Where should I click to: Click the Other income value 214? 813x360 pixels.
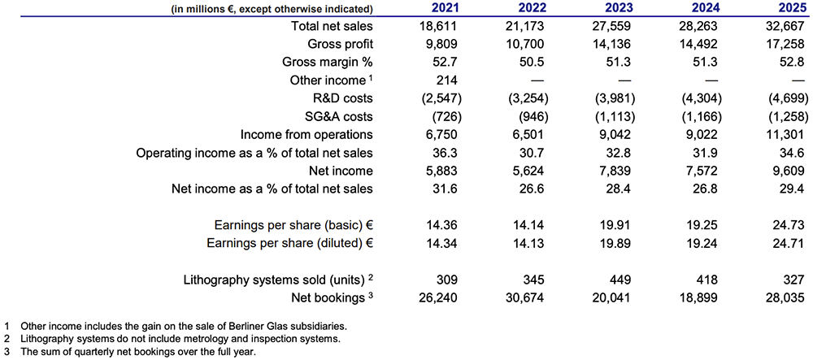447,80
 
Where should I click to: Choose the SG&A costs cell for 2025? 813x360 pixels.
784,116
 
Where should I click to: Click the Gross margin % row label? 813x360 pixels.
328,63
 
